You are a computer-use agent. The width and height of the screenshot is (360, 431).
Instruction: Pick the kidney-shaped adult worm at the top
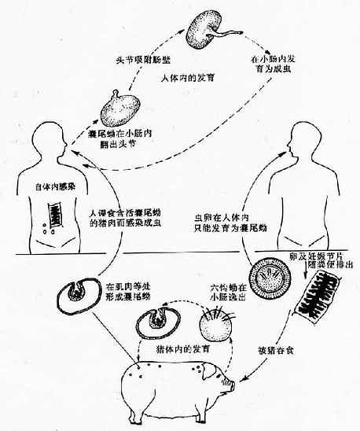[206, 26]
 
